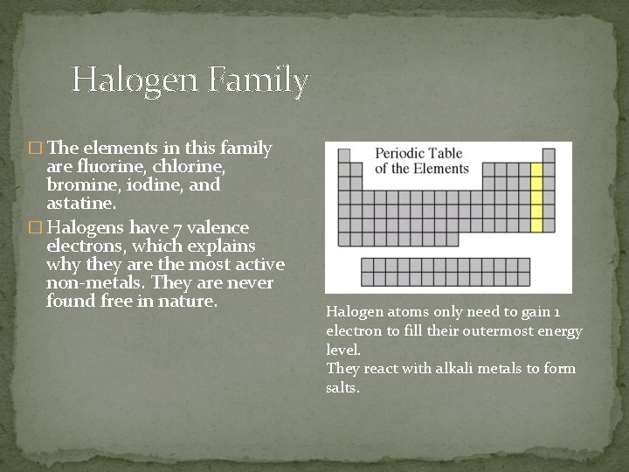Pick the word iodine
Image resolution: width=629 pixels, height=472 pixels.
point(156,185)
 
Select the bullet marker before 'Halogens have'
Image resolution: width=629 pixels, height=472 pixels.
point(34,227)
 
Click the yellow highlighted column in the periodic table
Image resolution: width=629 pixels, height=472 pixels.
point(536,198)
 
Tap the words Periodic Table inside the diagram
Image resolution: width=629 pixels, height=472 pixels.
point(418,154)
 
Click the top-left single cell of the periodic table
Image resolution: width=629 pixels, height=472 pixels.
point(343,156)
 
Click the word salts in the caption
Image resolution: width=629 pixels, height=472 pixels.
point(342,387)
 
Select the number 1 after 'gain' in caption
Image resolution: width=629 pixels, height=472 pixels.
point(557,312)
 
